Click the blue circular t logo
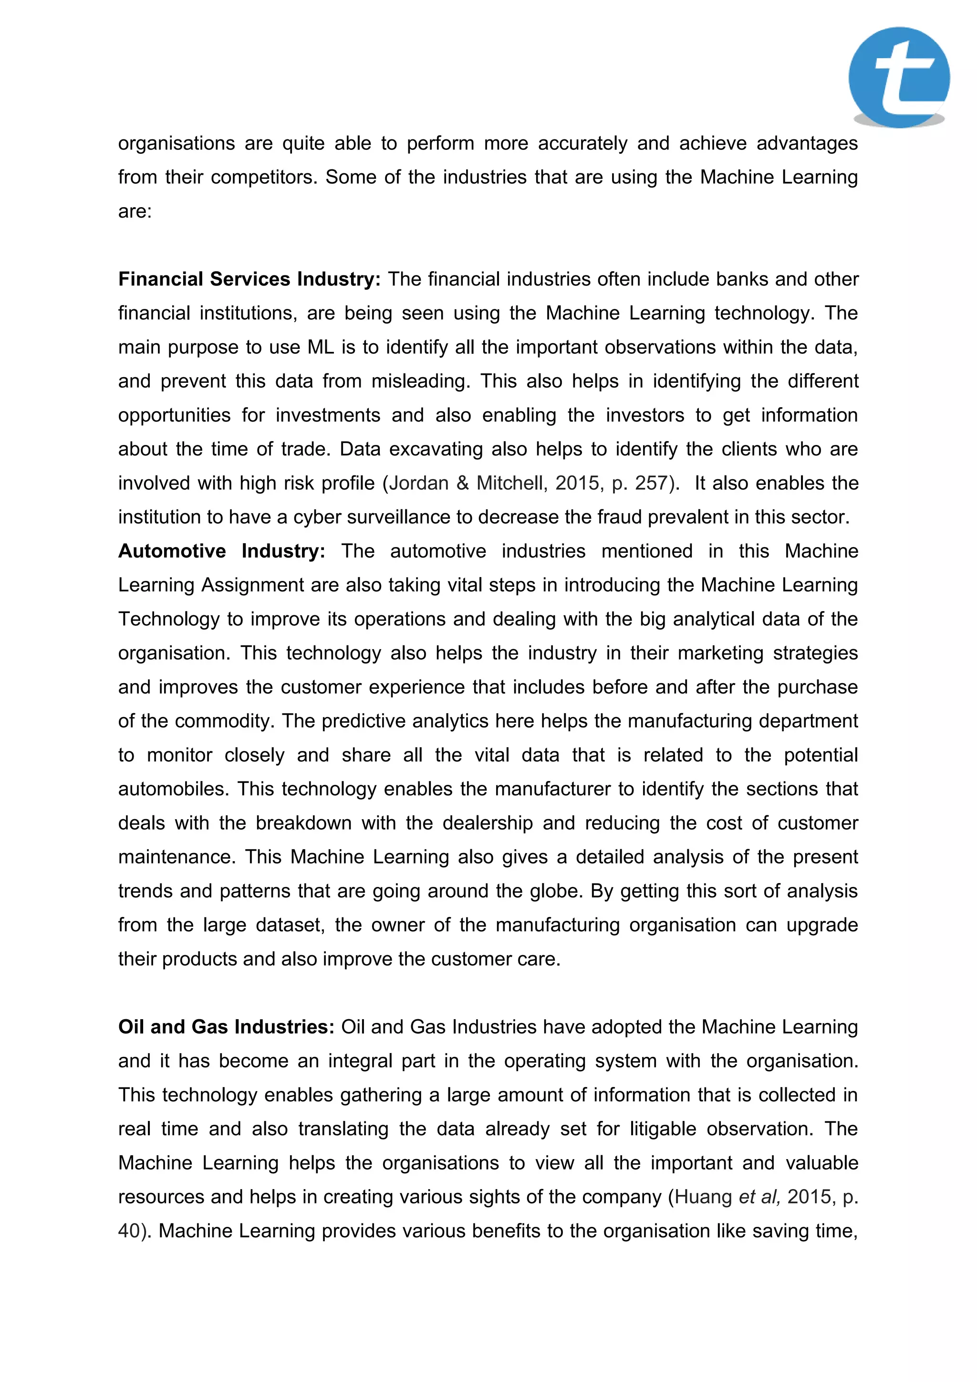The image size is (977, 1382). [899, 77]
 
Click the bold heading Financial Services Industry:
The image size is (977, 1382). [249, 279]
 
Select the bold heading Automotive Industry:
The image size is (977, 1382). [221, 551]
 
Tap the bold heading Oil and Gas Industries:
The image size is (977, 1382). [226, 1027]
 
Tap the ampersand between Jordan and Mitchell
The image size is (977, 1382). [463, 483]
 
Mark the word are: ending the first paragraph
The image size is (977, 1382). [135, 212]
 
